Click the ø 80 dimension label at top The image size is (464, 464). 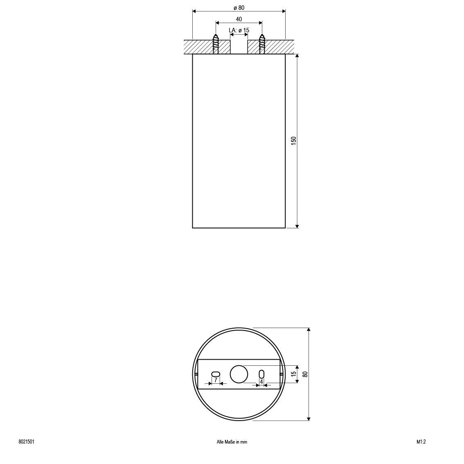[239, 8]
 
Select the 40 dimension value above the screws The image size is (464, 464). [239, 19]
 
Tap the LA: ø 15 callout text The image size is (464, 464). [239, 30]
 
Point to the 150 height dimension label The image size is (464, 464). [293, 140]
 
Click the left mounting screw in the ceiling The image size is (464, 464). [216, 45]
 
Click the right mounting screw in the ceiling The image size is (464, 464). [262, 45]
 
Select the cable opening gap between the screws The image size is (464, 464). [239, 47]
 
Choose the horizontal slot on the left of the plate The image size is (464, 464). [216, 374]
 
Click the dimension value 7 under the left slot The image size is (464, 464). [216, 381]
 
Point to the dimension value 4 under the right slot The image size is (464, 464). [261, 381]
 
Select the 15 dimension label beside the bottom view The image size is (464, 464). [293, 374]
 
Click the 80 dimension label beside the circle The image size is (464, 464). [305, 374]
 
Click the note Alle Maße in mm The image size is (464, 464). [232, 442]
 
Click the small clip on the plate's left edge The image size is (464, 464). [196, 374]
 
